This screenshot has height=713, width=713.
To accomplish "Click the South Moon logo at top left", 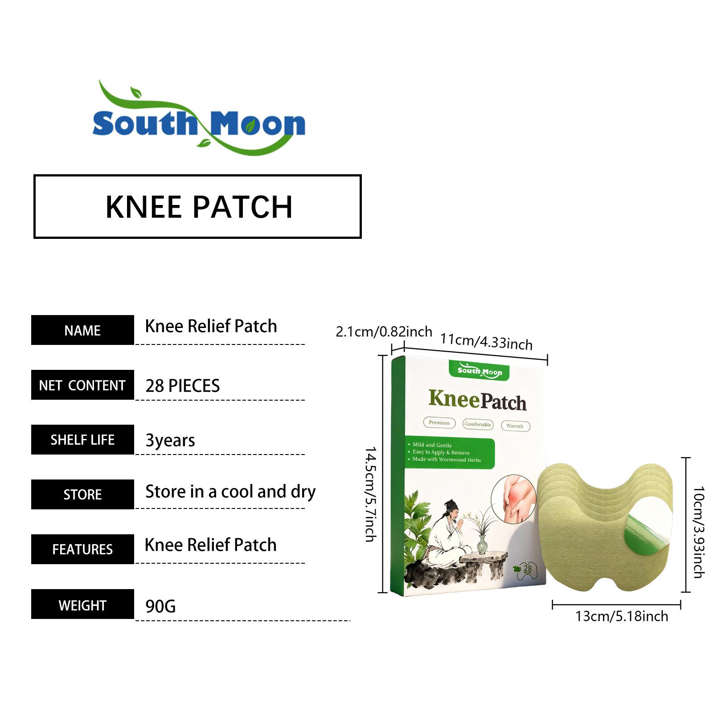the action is (199, 118).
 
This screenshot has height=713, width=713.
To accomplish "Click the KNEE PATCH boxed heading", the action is (197, 207).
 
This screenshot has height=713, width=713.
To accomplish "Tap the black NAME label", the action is (82, 330).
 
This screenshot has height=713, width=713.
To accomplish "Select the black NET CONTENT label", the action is (82, 385).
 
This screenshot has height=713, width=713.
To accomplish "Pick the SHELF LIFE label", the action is (82, 440).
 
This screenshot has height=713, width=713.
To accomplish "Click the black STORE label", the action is (82, 495).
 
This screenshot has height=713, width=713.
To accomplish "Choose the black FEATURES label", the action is (82, 549).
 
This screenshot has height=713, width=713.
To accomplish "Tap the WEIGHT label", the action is (82, 604).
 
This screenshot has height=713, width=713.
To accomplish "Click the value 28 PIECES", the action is (183, 385).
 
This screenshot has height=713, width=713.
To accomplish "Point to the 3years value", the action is (170, 440).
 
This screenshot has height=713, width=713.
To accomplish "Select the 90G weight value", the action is (160, 606).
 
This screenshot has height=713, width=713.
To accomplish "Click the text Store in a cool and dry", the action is (230, 492).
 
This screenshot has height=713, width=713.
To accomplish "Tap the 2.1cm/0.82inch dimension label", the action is (384, 332).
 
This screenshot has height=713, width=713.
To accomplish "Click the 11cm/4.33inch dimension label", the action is (487, 342).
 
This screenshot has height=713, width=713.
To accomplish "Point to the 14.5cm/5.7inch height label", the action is (371, 494).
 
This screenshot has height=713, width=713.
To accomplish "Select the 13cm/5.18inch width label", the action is (622, 616).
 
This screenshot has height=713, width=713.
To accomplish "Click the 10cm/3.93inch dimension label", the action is (698, 533).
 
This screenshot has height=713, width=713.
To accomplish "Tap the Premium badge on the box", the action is (439, 422).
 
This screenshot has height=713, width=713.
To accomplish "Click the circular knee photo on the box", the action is (514, 499).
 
